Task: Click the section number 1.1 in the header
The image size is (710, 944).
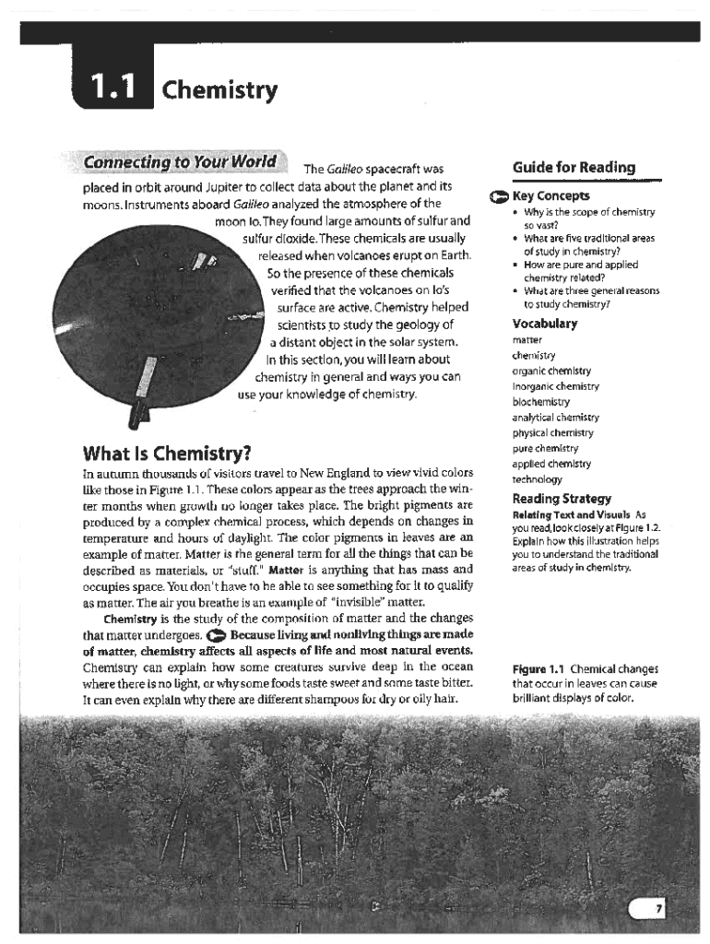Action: click(x=112, y=89)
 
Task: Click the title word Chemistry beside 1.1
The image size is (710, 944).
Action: click(x=219, y=90)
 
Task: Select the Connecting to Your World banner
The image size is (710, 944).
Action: click(x=181, y=163)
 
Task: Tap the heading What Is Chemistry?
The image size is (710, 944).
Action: click(x=167, y=454)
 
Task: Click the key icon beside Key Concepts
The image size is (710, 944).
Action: click(x=499, y=196)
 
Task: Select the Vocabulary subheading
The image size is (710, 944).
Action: click(x=544, y=324)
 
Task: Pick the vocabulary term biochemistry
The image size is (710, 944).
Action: click(x=541, y=402)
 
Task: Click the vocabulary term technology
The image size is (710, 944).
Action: click(x=537, y=479)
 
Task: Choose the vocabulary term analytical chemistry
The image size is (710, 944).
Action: click(x=555, y=418)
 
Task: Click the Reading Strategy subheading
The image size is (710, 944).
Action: click(x=562, y=499)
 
